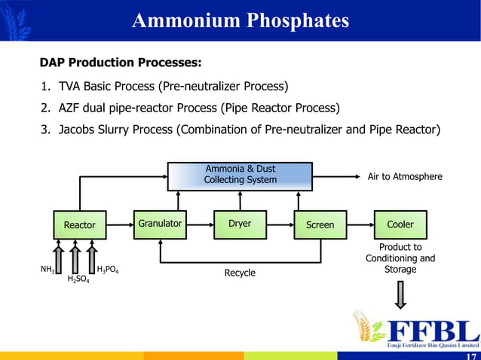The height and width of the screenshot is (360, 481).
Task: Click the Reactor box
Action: click(79, 224)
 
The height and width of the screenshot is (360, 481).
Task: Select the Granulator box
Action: click(160, 224)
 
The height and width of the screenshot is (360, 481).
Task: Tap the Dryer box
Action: click(240, 224)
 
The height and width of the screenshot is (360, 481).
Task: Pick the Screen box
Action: click(320, 224)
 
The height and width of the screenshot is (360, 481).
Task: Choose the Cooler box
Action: click(400, 224)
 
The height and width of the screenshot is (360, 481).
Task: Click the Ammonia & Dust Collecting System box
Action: click(240, 175)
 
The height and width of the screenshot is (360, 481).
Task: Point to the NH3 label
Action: click(47, 269)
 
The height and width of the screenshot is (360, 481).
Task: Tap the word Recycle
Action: click(240, 273)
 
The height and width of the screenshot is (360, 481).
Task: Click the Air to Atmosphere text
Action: click(404, 176)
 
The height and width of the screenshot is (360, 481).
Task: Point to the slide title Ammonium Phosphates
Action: click(240, 20)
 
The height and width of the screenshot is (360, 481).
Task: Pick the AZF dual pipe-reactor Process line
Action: click(190, 107)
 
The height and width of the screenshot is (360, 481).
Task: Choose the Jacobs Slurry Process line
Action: click(240, 129)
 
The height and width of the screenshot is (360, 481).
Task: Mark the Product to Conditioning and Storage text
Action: click(400, 258)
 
